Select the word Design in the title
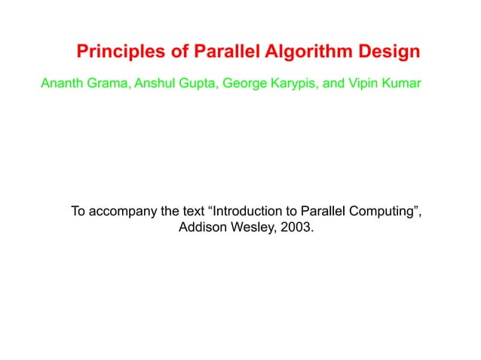388,53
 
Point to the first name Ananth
62,81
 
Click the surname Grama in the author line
109,81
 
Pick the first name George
246,81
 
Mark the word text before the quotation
189,210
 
